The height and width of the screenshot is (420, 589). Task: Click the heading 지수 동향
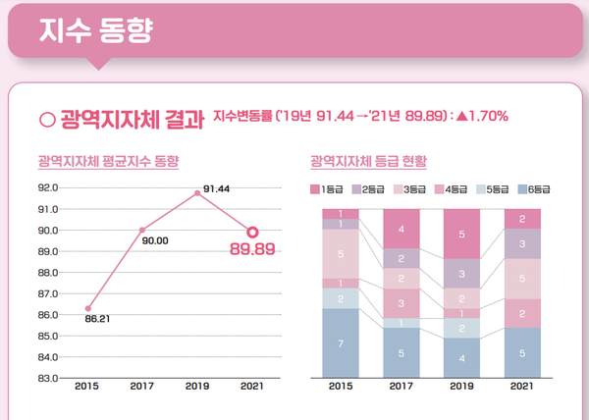95,30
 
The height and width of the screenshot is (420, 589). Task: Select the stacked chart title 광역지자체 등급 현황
361,159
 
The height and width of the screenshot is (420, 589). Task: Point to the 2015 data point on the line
88,308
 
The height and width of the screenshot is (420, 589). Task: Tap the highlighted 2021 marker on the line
252,233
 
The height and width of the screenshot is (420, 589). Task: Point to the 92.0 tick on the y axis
48,188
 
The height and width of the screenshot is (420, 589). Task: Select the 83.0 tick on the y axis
48,378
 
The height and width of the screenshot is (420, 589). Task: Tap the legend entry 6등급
534,187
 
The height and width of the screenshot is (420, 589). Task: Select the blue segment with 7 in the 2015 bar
341,342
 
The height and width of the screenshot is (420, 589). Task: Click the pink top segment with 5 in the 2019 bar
461,234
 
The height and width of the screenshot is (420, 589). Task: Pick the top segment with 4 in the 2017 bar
401,229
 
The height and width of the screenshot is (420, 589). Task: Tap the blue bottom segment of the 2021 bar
522,352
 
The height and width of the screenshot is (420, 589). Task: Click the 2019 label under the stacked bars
461,388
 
